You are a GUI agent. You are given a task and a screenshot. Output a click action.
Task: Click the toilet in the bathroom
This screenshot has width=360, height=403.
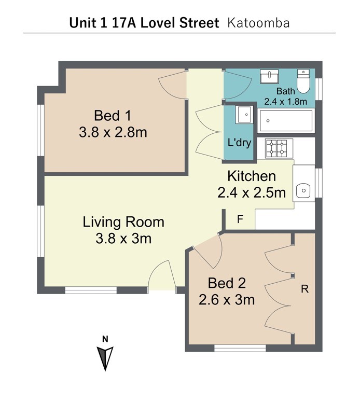click(x=303, y=81)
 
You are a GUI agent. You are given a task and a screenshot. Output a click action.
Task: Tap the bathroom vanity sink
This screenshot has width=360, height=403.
click(x=269, y=76)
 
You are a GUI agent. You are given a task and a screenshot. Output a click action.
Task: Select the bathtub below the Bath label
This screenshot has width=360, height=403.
click(x=286, y=120)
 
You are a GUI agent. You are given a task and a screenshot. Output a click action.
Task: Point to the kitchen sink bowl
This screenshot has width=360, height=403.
click(x=303, y=191)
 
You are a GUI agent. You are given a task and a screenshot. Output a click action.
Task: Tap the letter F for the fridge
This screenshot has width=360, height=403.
click(x=240, y=219)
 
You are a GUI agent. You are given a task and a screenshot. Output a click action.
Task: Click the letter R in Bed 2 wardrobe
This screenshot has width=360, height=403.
click(x=304, y=289)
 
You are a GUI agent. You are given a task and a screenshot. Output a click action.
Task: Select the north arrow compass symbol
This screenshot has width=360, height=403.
click(x=105, y=358)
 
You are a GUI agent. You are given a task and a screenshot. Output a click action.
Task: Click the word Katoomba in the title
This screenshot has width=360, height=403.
click(x=258, y=23)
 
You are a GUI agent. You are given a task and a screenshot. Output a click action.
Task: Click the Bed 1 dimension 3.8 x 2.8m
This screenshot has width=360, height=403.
click(x=113, y=133)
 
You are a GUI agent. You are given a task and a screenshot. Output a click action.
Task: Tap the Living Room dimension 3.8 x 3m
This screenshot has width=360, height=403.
click(x=123, y=239)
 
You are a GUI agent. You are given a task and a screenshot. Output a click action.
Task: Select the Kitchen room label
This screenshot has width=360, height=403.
click(x=252, y=176)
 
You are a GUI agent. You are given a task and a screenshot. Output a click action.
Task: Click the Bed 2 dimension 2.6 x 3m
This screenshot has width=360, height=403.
click(x=227, y=300)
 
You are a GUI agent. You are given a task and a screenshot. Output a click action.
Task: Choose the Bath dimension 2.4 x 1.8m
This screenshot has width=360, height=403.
click(x=286, y=102)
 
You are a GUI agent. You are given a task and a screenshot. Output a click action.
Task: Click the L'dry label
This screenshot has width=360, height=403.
click(x=240, y=143)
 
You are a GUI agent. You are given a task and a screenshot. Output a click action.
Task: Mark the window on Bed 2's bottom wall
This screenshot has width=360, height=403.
click(x=240, y=348)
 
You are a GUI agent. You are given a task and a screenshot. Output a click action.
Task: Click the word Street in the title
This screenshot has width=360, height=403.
click(x=199, y=23)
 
